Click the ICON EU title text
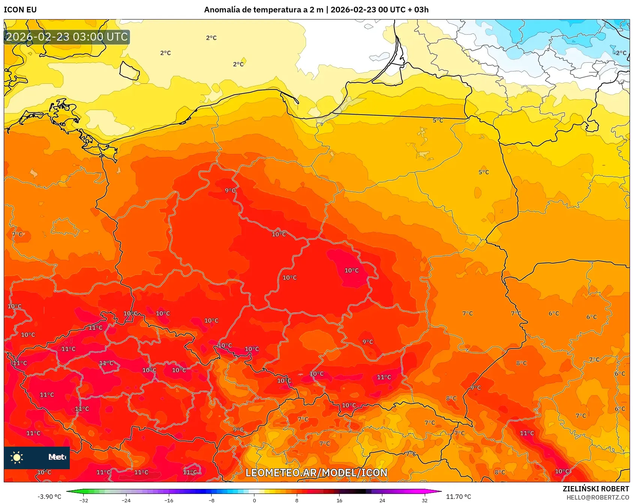click(20, 10)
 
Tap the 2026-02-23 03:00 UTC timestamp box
click(67, 37)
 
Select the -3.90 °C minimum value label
click(49, 497)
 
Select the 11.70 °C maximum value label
click(458, 497)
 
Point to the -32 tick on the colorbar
click(84, 500)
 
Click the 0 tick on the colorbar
click(254, 500)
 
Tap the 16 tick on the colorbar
click(339, 500)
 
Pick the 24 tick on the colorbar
click(382, 500)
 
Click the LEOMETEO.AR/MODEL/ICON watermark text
click(316, 473)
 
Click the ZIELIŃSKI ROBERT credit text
click(595, 489)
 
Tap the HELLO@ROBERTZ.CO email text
click(597, 497)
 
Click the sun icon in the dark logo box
click(17, 457)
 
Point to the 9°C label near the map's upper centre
click(230, 190)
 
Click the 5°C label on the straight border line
click(438, 121)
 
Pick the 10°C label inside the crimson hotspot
click(352, 270)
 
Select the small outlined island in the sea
click(129, 71)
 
